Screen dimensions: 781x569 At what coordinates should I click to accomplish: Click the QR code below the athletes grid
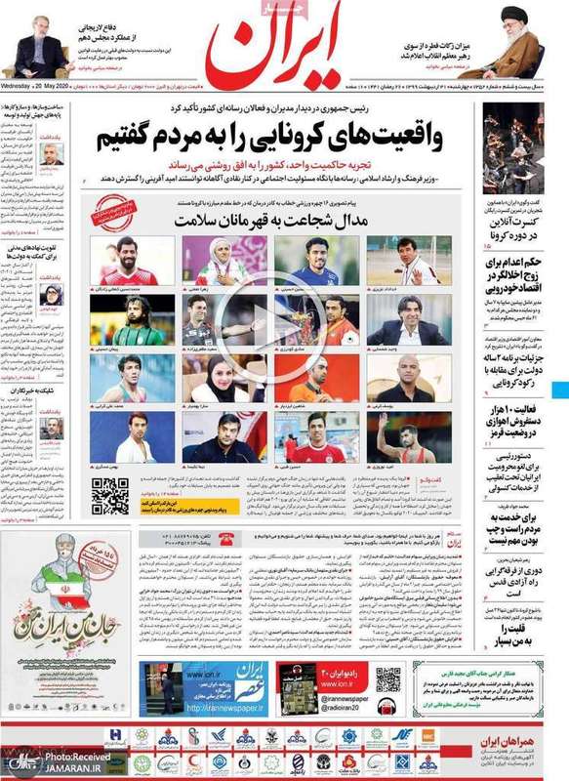(x=109, y=496)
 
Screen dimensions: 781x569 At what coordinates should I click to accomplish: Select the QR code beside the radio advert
(x=388, y=679)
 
